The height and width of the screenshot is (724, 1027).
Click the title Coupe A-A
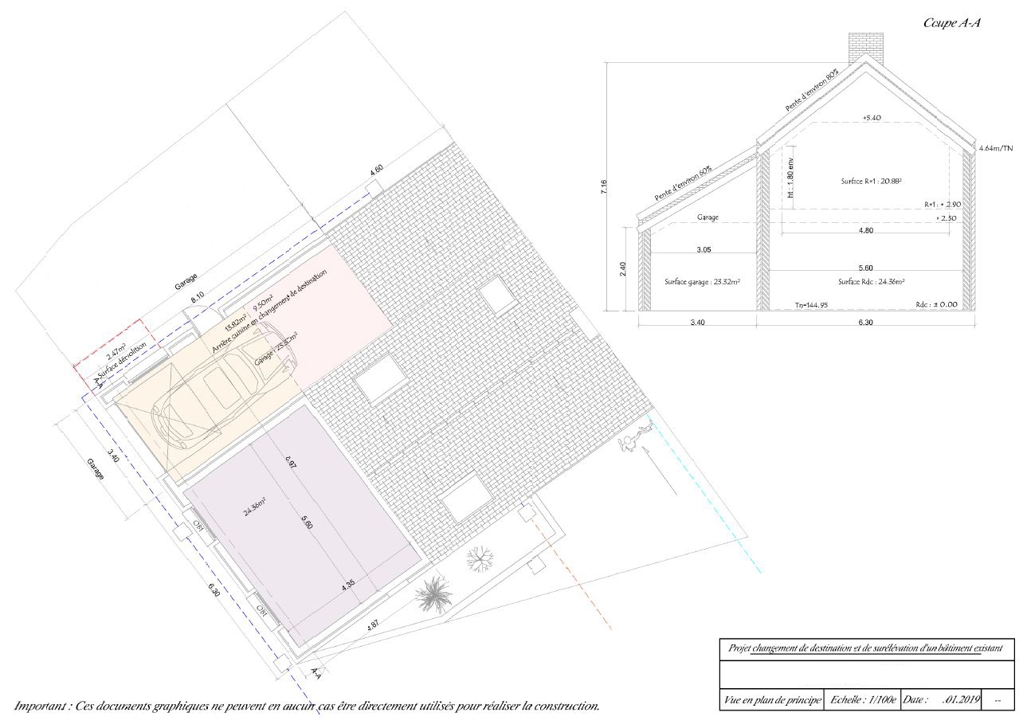click(951, 23)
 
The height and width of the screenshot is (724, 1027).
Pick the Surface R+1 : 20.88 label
click(870, 182)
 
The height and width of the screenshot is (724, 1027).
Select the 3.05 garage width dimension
click(704, 249)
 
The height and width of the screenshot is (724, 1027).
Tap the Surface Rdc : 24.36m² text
click(870, 282)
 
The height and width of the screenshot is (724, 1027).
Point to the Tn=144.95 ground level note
click(811, 305)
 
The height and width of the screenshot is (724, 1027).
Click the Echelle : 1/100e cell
click(863, 699)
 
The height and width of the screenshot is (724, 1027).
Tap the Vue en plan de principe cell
click(770, 699)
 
